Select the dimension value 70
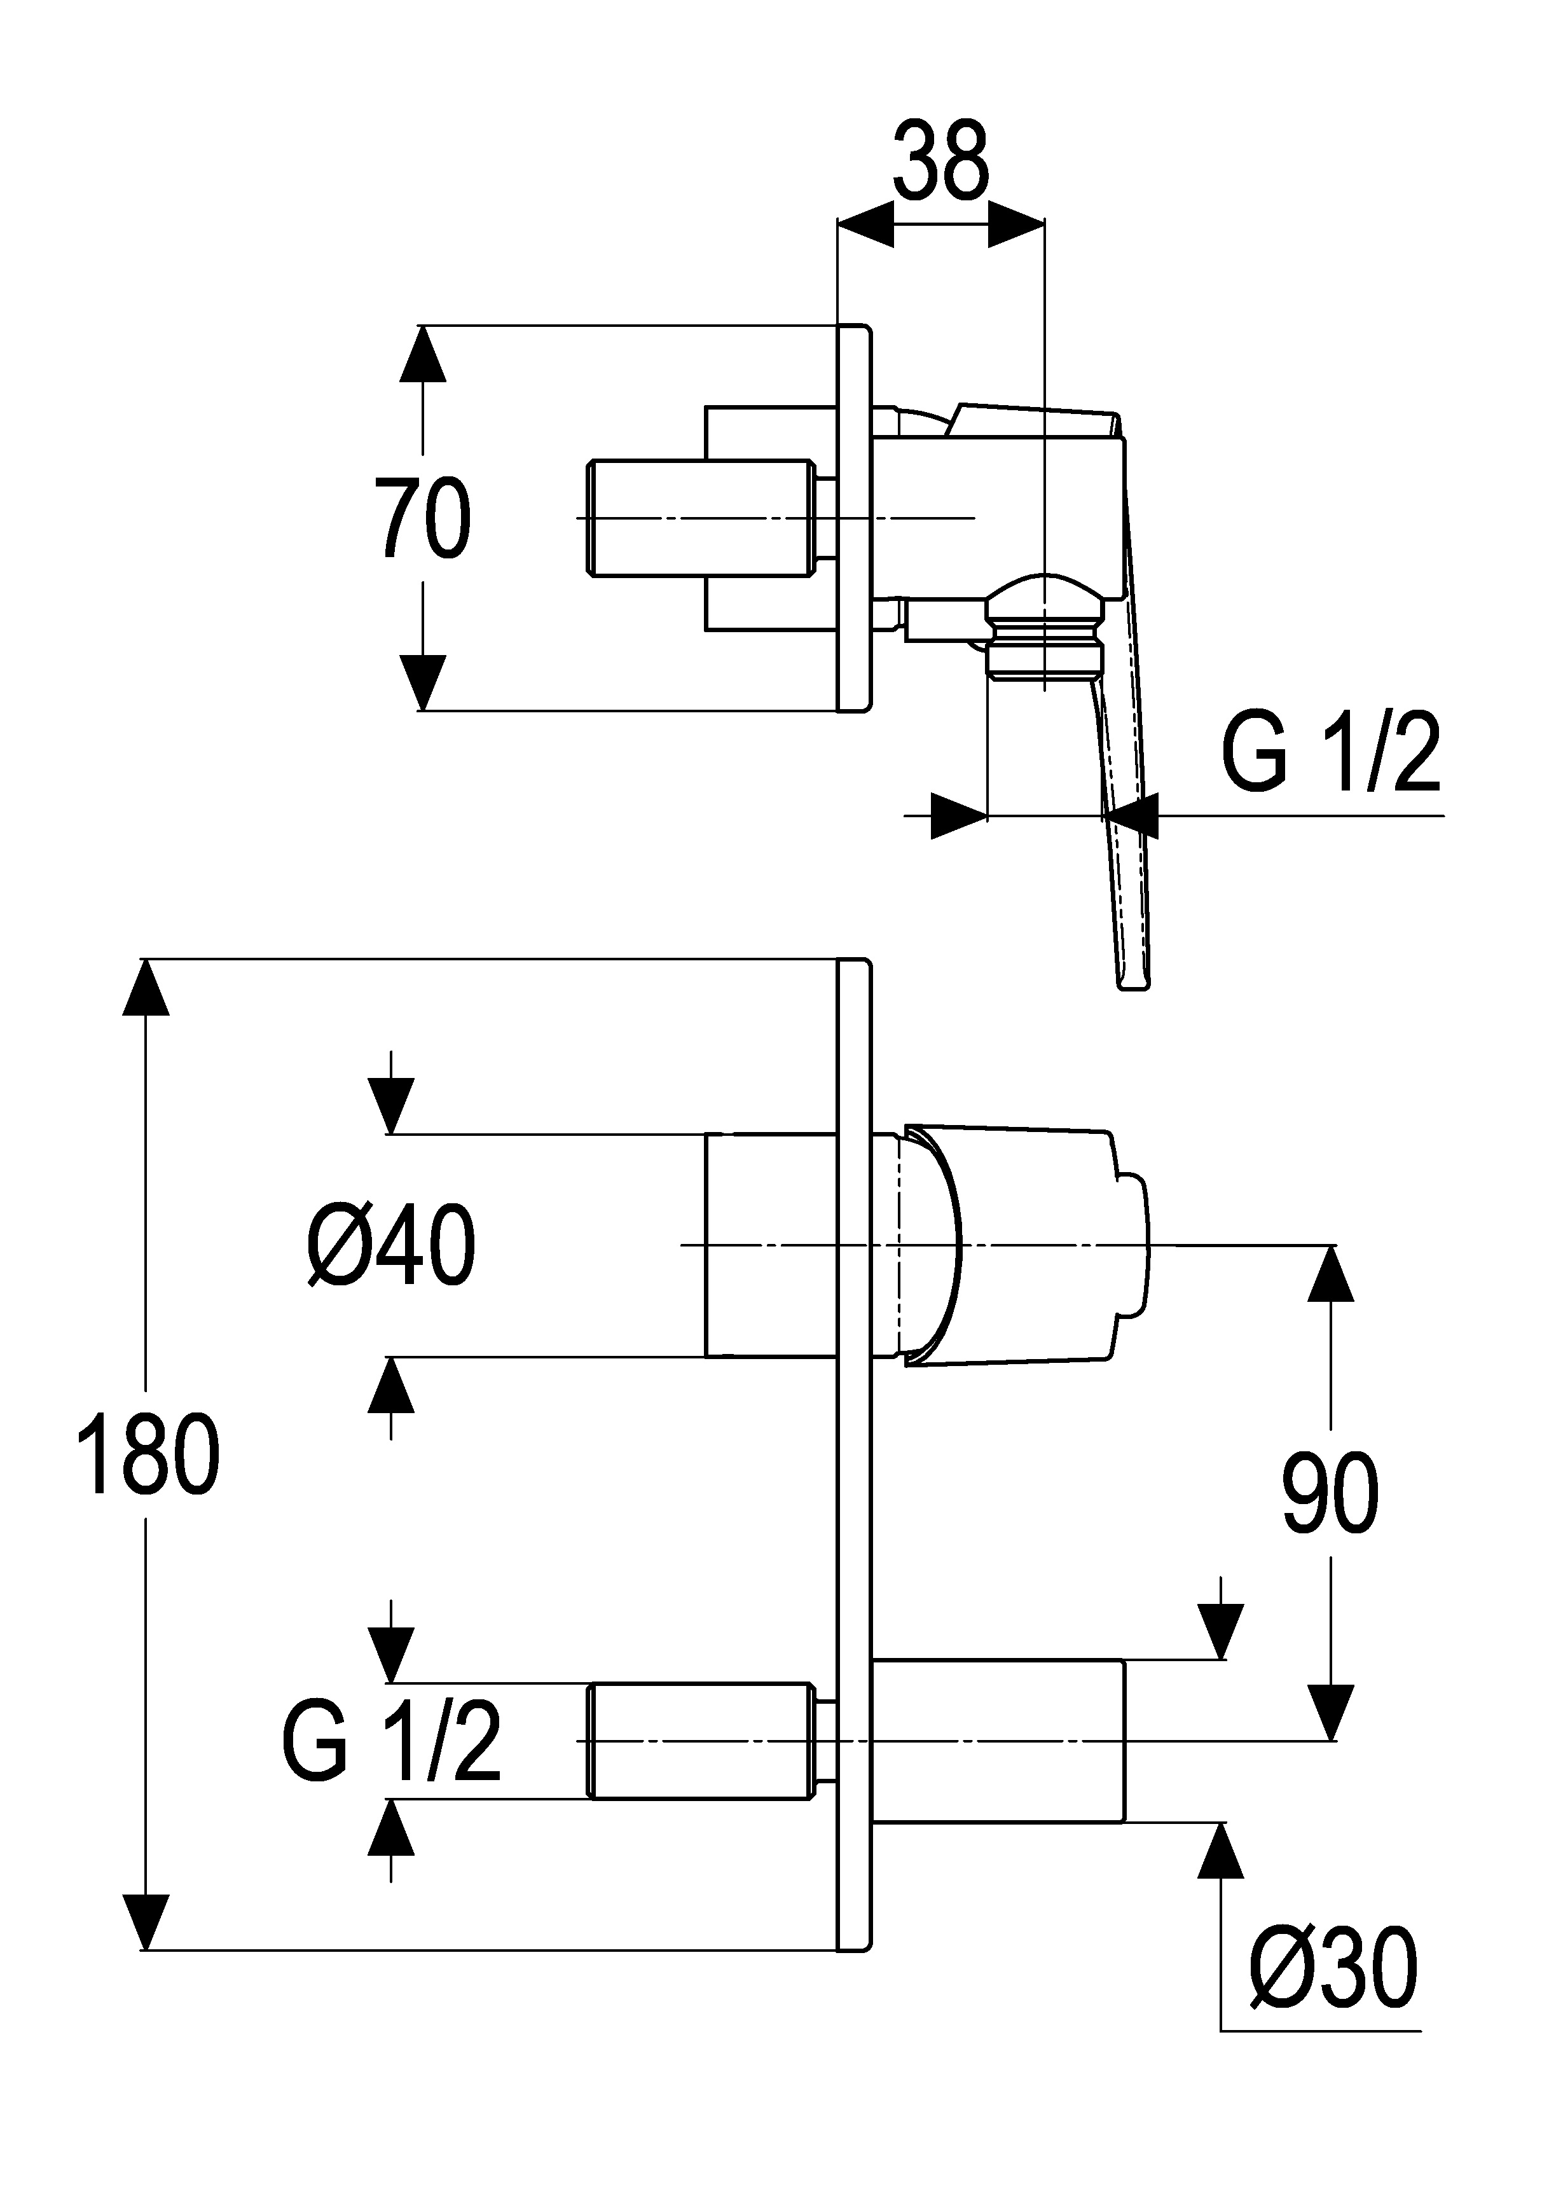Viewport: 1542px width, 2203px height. coord(422,519)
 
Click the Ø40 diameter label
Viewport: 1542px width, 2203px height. coord(392,1245)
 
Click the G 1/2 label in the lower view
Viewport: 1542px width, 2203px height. coord(392,1741)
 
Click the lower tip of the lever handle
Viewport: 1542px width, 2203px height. coord(1132,981)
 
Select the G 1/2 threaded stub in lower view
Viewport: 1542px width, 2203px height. coord(701,1741)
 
